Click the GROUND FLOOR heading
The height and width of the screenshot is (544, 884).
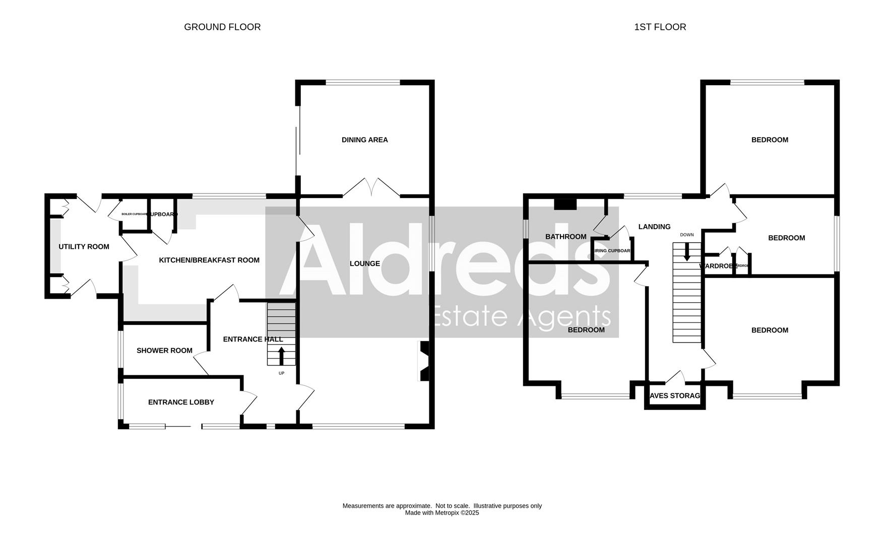pyautogui.click(x=222, y=27)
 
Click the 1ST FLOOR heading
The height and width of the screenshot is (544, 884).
pyautogui.click(x=660, y=27)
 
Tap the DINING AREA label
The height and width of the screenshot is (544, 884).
pyautogui.click(x=364, y=140)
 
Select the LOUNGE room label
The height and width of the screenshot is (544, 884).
pyautogui.click(x=364, y=263)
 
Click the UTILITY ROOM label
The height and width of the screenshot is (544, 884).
pyautogui.click(x=84, y=247)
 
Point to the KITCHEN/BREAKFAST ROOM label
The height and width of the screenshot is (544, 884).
pyautogui.click(x=209, y=260)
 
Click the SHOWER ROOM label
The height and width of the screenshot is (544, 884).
pyautogui.click(x=164, y=351)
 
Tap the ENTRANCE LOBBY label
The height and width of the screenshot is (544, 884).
pyautogui.click(x=181, y=402)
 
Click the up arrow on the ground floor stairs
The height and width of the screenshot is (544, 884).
pyautogui.click(x=281, y=355)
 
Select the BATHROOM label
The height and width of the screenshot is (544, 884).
pyautogui.click(x=566, y=237)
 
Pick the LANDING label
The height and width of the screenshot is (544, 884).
pyautogui.click(x=654, y=227)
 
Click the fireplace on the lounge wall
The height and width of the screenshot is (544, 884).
pyautogui.click(x=423, y=361)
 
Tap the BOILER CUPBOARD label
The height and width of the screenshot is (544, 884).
pyautogui.click(x=134, y=214)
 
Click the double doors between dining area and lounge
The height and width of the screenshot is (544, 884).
pyautogui.click(x=371, y=187)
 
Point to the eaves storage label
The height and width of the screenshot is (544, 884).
pyautogui.click(x=675, y=396)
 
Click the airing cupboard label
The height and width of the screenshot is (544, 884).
pyautogui.click(x=612, y=251)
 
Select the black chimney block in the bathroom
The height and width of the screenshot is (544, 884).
pyautogui.click(x=565, y=204)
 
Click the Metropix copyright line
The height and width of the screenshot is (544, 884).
pyautogui.click(x=441, y=513)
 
